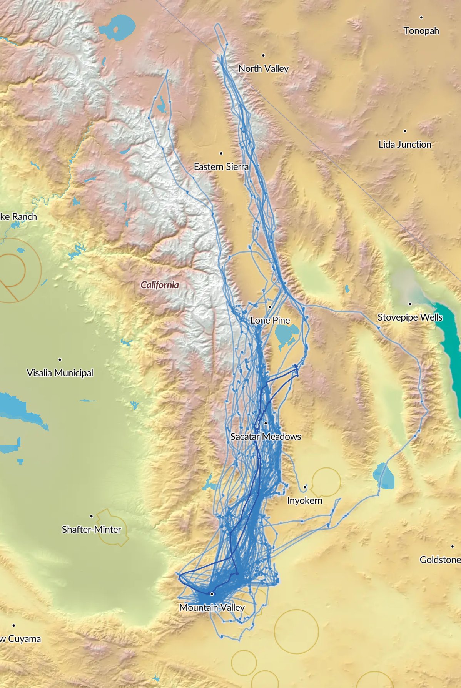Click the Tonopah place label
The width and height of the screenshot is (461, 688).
(x=421, y=31)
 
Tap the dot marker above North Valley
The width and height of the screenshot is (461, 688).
(x=263, y=55)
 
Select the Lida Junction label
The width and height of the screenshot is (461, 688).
(x=404, y=145)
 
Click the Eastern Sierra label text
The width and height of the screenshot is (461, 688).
(x=221, y=167)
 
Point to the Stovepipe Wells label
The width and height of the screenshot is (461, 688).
(x=409, y=317)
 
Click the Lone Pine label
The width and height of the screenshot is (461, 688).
(x=270, y=320)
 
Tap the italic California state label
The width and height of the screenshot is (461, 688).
(x=160, y=285)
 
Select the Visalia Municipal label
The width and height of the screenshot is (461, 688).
(x=60, y=373)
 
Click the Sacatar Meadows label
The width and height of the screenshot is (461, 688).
(x=266, y=437)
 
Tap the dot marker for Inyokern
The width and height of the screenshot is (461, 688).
(x=304, y=487)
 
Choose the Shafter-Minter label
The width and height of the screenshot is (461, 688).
(x=91, y=530)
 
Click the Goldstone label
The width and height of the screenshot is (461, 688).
(x=440, y=560)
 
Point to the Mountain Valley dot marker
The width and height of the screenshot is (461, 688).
(x=212, y=594)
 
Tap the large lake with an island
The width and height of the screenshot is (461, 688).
(x=117, y=28)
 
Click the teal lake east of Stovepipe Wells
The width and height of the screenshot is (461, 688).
(x=448, y=338)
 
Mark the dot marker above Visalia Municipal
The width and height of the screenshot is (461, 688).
(x=60, y=359)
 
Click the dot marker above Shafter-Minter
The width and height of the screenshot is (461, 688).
(x=91, y=516)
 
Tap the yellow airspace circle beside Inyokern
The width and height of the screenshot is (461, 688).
(x=327, y=482)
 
